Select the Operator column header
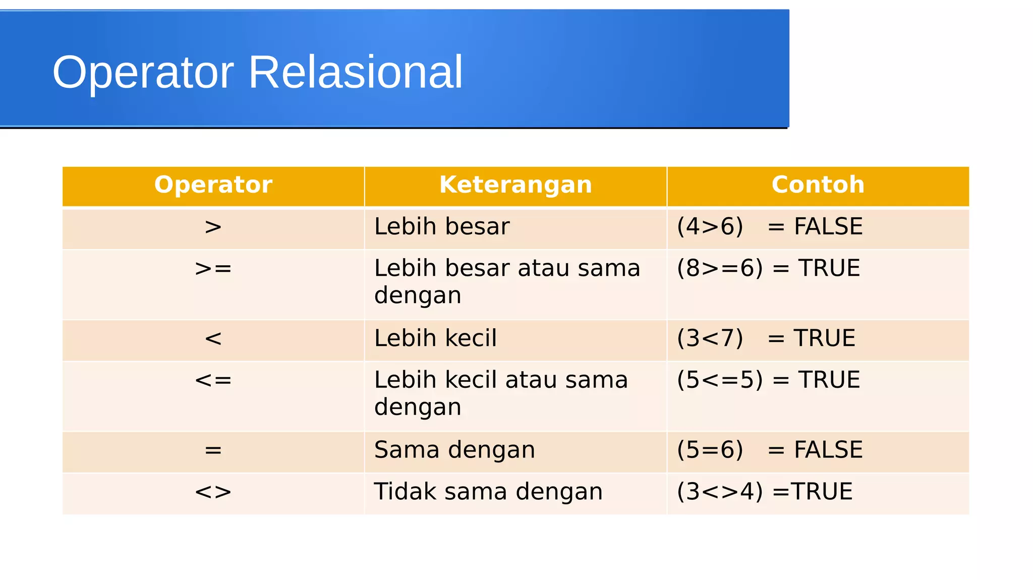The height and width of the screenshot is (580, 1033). pos(213,185)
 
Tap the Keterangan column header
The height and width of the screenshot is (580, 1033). pos(515,185)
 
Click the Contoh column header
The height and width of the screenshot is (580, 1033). pos(818,185)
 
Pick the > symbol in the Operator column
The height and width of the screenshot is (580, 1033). pos(213,227)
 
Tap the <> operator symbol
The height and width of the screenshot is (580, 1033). pos(213,492)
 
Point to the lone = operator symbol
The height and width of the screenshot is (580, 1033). pos(213,450)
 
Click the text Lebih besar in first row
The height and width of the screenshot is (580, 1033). pos(441,226)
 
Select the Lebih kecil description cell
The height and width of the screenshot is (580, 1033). pos(435,338)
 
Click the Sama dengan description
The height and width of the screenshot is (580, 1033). pos(454,449)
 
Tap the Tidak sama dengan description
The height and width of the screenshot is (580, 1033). pos(488,491)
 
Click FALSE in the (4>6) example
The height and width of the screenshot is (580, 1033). pos(828,226)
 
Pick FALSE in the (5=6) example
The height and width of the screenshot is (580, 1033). pos(828,449)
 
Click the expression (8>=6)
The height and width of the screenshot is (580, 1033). pos(720,268)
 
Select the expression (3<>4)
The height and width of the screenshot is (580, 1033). pos(720,491)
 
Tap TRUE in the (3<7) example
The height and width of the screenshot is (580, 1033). pos(824,338)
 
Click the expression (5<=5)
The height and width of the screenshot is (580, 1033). pos(720,380)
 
